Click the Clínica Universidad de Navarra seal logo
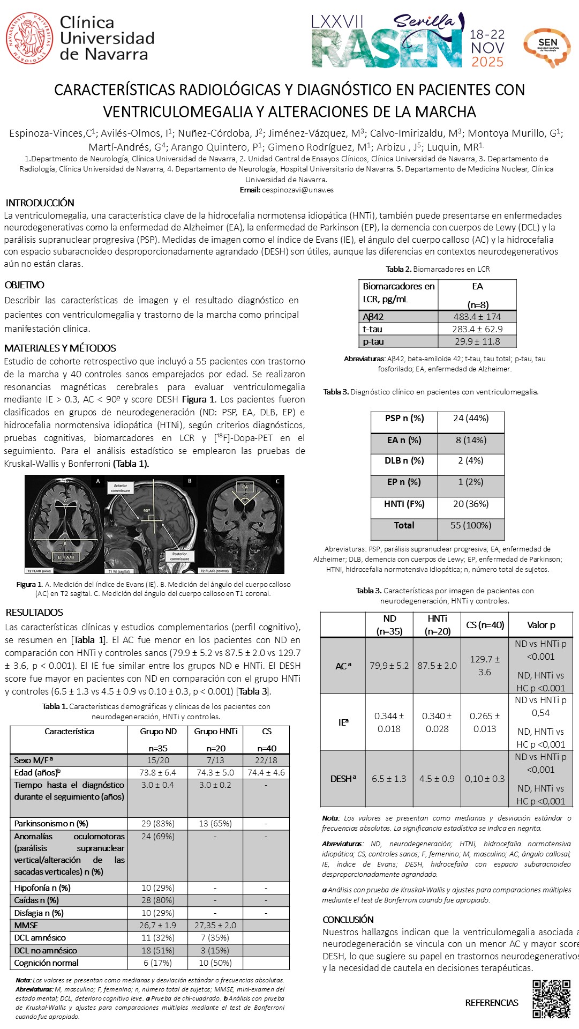[29, 38]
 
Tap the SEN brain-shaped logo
[547, 48]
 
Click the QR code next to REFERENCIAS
[551, 998]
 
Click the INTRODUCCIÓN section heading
[40, 203]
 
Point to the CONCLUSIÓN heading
[348, 919]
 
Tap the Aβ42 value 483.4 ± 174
[477, 317]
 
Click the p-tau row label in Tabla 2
[373, 341]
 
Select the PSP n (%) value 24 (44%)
[471, 418]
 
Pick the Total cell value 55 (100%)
[471, 525]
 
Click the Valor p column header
[541, 625]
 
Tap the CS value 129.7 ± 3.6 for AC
[485, 665]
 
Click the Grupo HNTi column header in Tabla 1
[215, 731]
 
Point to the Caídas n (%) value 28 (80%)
[157, 900]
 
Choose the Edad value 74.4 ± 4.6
[266, 772]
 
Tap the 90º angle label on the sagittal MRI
[146, 511]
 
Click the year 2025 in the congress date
[487, 62]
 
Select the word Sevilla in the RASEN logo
[423, 21]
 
